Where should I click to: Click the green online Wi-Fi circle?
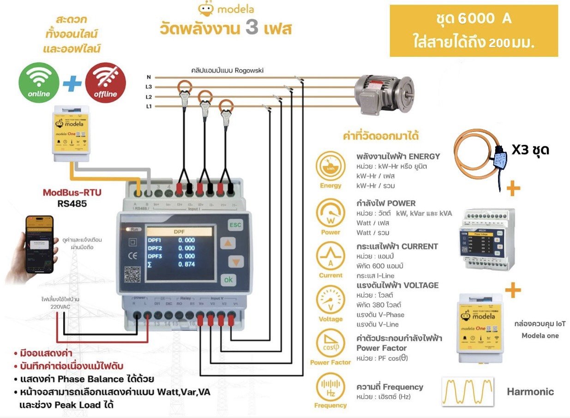(39, 83)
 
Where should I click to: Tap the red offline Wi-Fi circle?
(105, 83)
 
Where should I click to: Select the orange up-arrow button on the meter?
(235, 244)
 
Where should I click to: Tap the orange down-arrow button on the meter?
(235, 262)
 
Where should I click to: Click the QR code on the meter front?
(132, 275)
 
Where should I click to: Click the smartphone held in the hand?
(39, 244)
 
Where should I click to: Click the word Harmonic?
(530, 392)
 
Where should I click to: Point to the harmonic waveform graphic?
(468, 392)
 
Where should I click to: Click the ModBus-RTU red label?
(72, 192)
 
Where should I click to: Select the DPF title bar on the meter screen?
(179, 232)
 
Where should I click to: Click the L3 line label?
(149, 87)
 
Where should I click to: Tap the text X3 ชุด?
(530, 150)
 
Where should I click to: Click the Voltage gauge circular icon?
(330, 301)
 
